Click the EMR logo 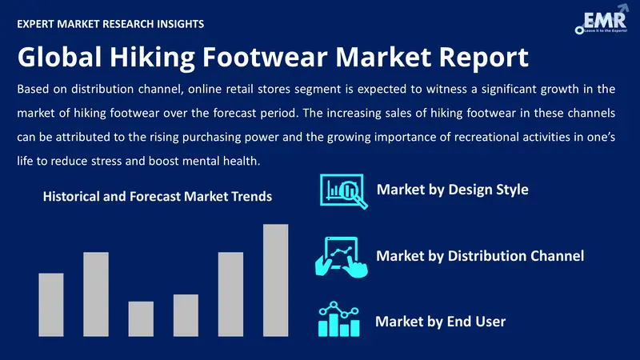point(602,19)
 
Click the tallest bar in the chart point(275,280)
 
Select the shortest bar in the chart point(141,318)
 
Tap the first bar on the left point(51,305)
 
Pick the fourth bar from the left point(186,315)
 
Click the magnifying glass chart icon point(344,191)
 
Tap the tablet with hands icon point(342,258)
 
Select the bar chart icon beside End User point(338,319)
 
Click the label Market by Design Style point(452,190)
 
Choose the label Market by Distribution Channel point(480,256)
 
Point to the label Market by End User point(441,322)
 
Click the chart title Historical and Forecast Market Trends point(158,196)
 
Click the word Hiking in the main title point(152,58)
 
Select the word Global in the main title point(59,57)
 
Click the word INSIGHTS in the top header point(179,24)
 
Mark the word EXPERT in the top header point(35,24)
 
